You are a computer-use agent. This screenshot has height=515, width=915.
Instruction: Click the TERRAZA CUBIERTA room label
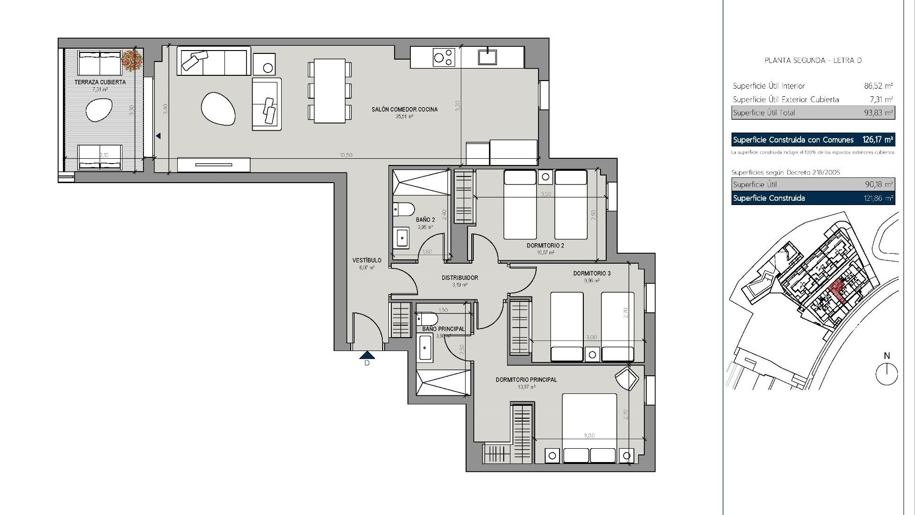[x=100, y=82]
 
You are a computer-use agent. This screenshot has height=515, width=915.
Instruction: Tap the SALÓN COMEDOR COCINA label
[x=405, y=110]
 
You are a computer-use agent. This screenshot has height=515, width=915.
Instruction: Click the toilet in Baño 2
[x=404, y=209]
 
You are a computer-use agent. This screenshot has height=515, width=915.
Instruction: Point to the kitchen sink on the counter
[x=488, y=56]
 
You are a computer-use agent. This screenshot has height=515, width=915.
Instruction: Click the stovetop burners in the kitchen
[x=444, y=57]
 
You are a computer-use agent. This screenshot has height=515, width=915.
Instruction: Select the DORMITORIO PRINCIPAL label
[x=526, y=380]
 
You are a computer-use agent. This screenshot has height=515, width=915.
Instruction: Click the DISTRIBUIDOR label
[x=459, y=278]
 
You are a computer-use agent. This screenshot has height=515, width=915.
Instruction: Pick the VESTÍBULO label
[x=366, y=261]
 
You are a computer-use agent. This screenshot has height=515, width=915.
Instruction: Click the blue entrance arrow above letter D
[x=367, y=355]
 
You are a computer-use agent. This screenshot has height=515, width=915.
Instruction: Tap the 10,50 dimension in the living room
[x=346, y=155]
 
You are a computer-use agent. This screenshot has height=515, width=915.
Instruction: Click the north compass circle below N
[x=886, y=373]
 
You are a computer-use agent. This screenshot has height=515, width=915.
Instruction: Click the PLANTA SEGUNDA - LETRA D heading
[x=813, y=61]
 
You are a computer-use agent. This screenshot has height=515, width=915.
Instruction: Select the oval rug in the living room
[x=218, y=108]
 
